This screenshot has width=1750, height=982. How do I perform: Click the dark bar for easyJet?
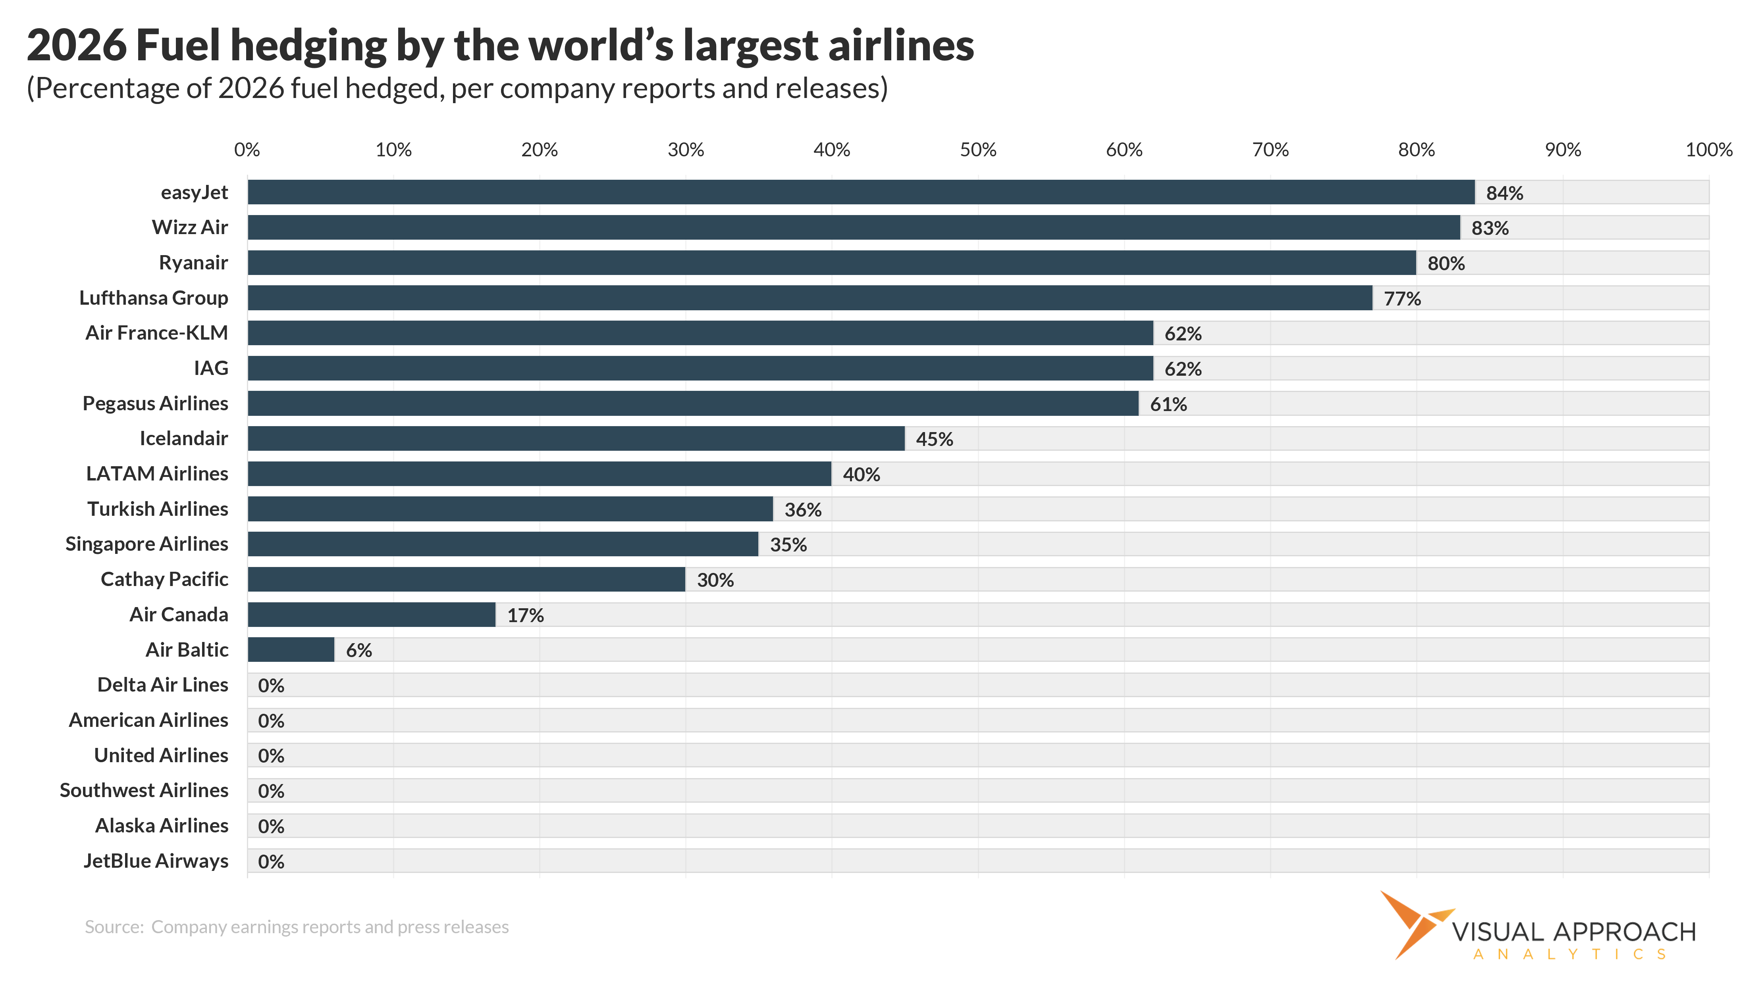pos(861,192)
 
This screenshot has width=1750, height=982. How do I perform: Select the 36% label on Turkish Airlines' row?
pos(803,510)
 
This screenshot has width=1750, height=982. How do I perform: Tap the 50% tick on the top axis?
pos(977,150)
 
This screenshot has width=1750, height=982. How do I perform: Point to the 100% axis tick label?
pos(1709,150)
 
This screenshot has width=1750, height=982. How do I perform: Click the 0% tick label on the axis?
pos(247,150)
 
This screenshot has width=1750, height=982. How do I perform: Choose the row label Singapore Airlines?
pos(147,544)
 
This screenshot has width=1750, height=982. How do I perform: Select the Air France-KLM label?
pos(156,333)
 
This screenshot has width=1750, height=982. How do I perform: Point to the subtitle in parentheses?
pos(457,89)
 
